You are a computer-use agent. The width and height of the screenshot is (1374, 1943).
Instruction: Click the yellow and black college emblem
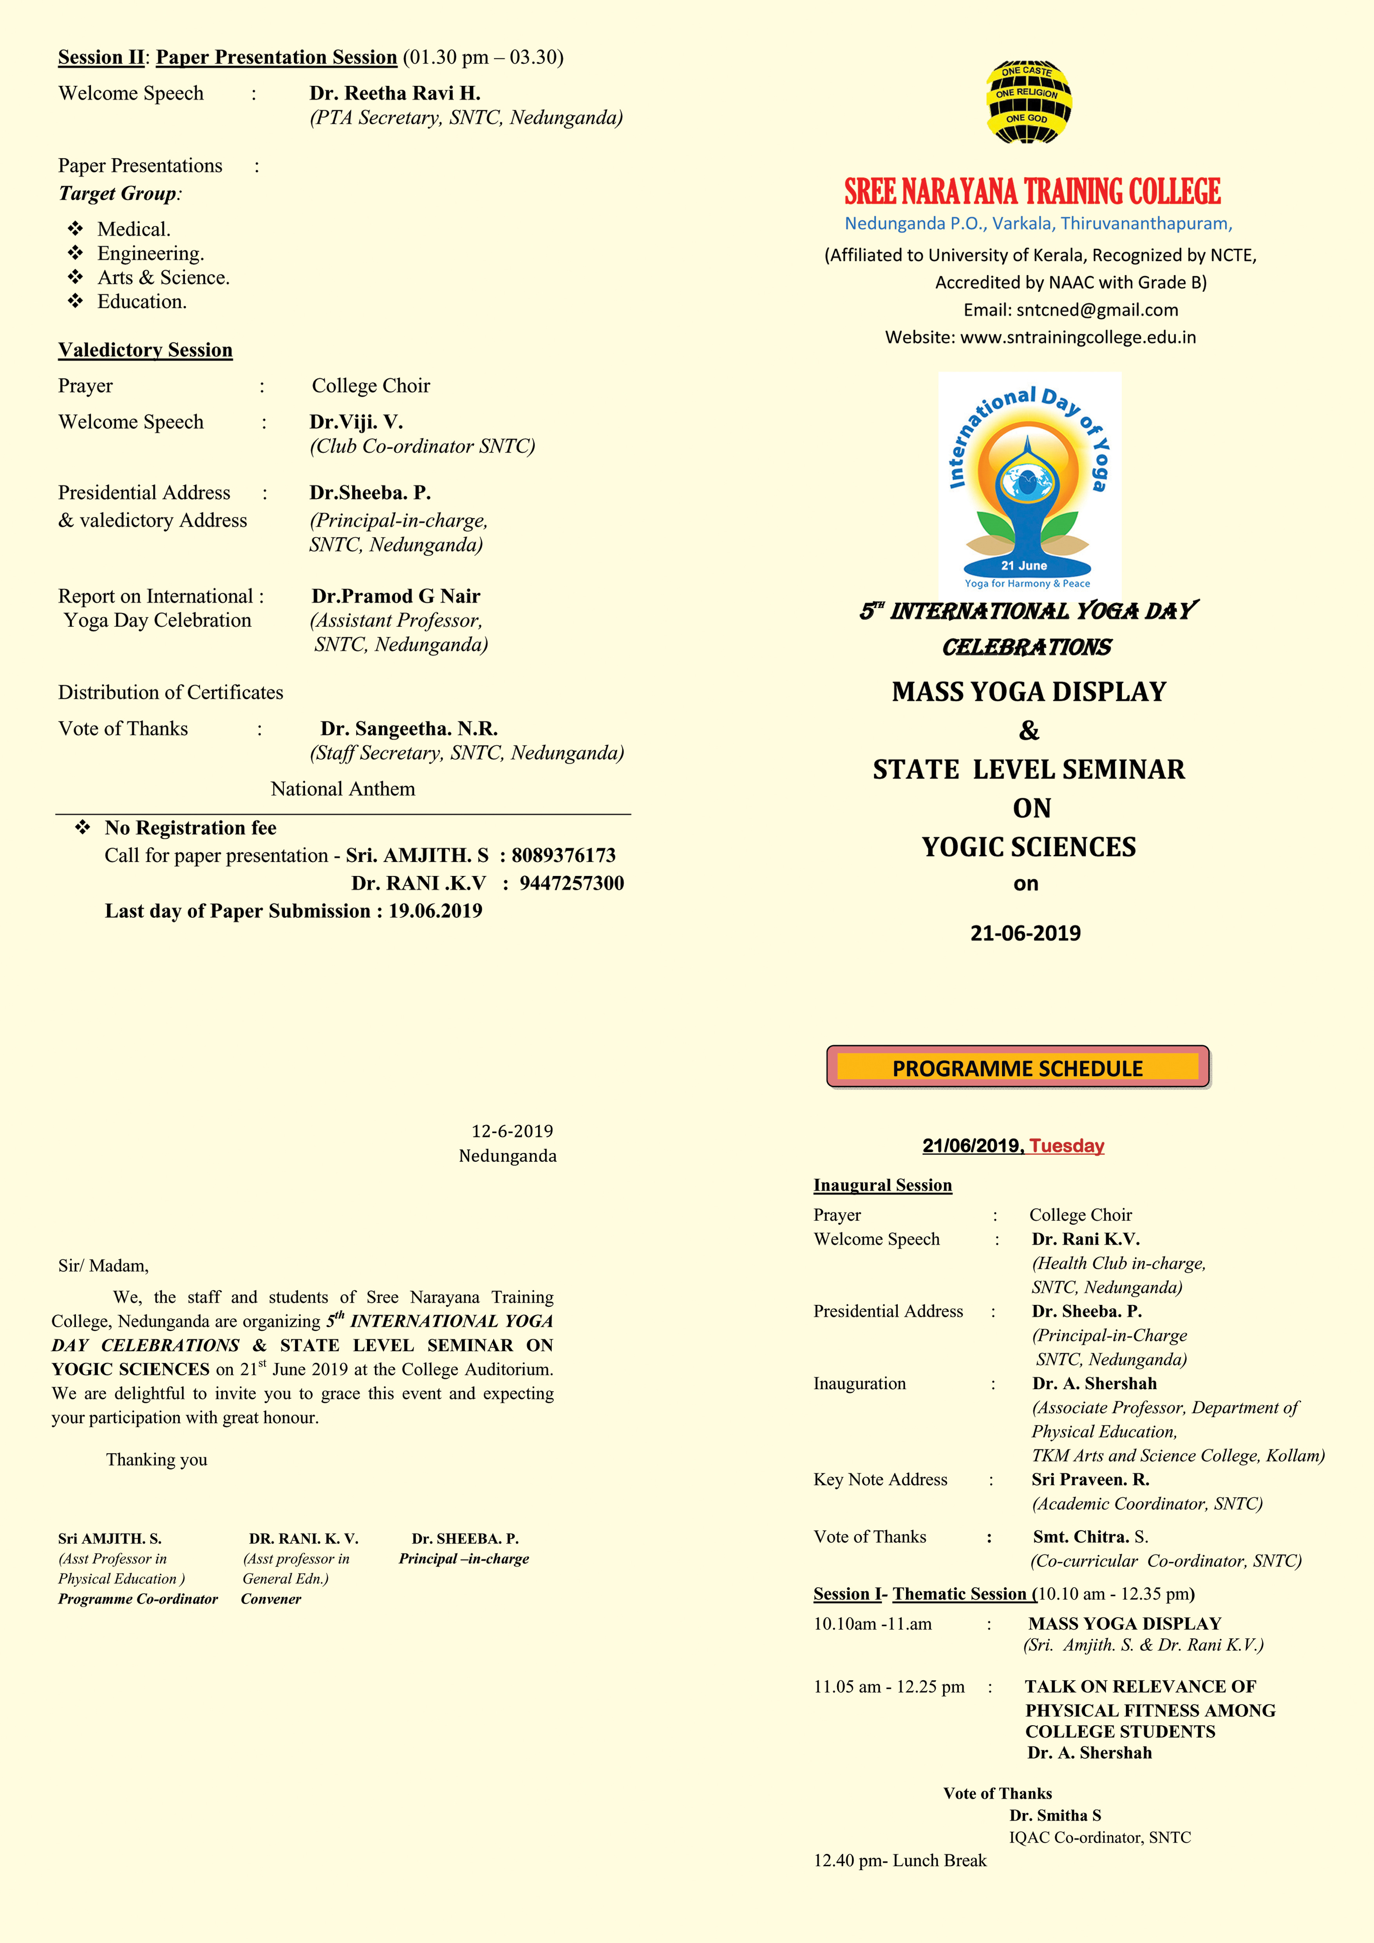[1028, 101]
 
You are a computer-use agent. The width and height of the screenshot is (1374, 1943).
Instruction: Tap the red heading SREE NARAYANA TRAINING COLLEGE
[1032, 192]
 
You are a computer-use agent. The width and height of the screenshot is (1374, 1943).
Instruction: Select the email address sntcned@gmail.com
[1097, 310]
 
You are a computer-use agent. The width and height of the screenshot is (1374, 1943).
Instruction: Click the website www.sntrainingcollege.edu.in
[1078, 337]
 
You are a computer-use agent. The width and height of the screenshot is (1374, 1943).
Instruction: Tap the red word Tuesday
[1067, 1146]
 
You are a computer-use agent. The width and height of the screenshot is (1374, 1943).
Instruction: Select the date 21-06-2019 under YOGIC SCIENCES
[1025, 934]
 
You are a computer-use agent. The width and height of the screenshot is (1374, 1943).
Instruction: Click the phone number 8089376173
[564, 856]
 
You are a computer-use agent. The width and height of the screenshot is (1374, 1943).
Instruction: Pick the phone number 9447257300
[572, 883]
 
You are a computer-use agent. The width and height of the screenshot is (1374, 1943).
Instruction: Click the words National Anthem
[343, 789]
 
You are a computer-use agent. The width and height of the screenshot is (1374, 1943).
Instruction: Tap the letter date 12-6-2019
[512, 1131]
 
